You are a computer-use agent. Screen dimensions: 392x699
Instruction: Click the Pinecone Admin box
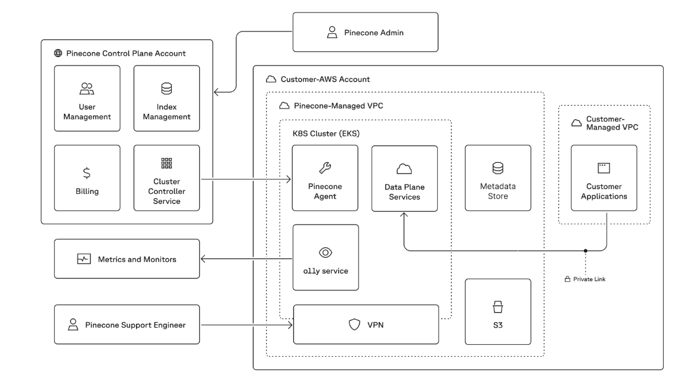pyautogui.click(x=365, y=32)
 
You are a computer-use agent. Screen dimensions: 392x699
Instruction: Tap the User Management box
pyautogui.click(x=87, y=98)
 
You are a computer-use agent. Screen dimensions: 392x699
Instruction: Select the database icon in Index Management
pyautogui.click(x=166, y=89)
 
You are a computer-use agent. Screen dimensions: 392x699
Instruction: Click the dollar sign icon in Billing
pyautogui.click(x=86, y=173)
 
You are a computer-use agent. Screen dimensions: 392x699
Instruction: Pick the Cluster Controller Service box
pyautogui.click(x=166, y=178)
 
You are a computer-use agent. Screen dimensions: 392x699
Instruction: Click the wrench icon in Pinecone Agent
pyautogui.click(x=325, y=168)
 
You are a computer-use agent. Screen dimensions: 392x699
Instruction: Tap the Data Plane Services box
pyautogui.click(x=404, y=178)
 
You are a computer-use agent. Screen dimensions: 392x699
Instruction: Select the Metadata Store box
pyautogui.click(x=497, y=178)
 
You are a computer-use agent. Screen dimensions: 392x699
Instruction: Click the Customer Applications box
pyautogui.click(x=604, y=178)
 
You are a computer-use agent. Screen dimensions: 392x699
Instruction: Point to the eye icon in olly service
pyautogui.click(x=325, y=252)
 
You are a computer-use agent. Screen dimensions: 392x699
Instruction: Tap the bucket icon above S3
pyautogui.click(x=497, y=307)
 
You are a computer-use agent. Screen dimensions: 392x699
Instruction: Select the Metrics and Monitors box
pyautogui.click(x=126, y=259)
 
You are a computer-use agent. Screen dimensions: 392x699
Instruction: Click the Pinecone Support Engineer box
pyautogui.click(x=126, y=325)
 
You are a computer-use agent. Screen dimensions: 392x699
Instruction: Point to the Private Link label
pyautogui.click(x=589, y=279)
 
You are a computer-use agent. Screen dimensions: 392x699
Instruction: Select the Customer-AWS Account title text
pyautogui.click(x=325, y=79)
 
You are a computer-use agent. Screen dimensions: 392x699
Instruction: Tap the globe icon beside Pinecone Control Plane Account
pyautogui.click(x=58, y=53)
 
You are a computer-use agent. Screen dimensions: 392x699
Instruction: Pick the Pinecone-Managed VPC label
pyautogui.click(x=339, y=106)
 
